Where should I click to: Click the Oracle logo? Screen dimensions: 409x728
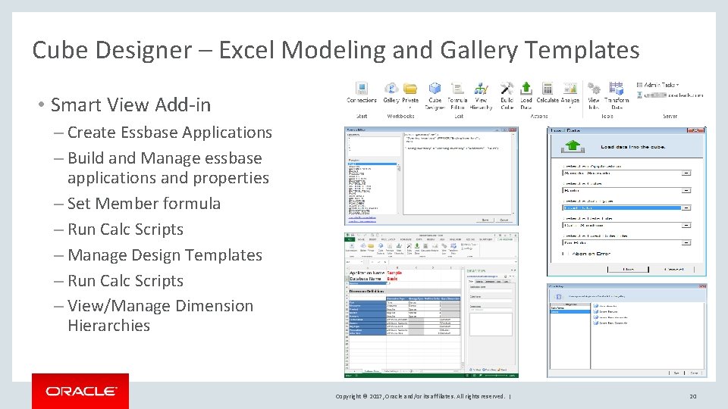coord(80,391)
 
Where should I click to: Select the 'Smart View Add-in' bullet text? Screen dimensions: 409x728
coord(130,105)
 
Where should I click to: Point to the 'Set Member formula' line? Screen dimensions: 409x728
coord(144,204)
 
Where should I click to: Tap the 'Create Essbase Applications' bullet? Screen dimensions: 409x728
coord(169,133)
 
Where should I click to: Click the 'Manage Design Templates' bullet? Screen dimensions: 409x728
coord(165,255)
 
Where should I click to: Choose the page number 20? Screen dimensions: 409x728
coord(692,396)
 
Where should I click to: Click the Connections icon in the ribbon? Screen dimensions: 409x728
coord(361,90)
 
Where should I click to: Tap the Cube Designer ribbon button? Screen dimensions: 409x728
coord(435,91)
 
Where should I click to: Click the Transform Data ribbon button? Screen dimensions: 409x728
coord(617,91)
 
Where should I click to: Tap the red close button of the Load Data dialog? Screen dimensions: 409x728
coord(700,131)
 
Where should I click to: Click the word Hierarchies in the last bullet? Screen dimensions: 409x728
coord(108,326)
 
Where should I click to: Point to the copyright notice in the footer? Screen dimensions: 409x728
coord(420,396)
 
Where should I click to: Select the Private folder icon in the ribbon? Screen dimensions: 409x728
coord(410,90)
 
